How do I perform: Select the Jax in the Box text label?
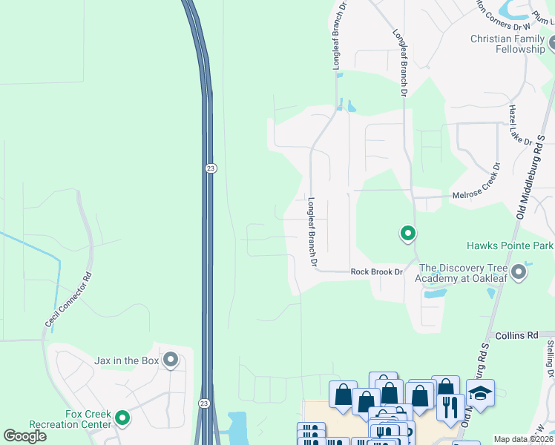click(127, 360)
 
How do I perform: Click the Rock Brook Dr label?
click(376, 272)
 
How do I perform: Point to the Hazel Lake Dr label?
click(519, 125)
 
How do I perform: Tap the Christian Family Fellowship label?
click(508, 44)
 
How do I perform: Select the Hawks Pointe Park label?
click(510, 245)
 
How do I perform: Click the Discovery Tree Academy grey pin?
click(519, 273)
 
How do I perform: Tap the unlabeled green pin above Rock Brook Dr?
click(407, 234)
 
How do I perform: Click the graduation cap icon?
click(480, 392)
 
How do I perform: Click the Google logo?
click(24, 436)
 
